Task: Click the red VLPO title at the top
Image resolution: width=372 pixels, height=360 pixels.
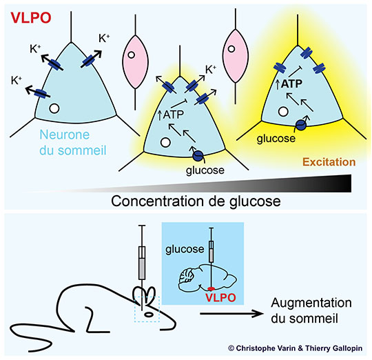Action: (x=31, y=18)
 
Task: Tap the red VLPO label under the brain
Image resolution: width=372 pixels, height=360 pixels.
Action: (x=220, y=297)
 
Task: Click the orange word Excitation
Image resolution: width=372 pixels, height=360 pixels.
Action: (x=329, y=162)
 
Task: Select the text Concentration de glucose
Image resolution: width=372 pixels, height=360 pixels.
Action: (x=196, y=201)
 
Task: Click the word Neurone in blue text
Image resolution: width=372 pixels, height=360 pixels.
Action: (x=65, y=134)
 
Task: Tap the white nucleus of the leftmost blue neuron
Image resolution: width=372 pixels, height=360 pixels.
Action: (x=54, y=108)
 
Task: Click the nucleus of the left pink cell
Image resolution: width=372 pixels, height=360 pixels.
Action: (x=131, y=55)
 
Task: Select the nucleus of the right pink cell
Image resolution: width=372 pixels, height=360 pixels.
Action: (x=231, y=49)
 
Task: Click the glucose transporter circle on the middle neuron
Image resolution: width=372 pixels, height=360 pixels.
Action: (x=198, y=156)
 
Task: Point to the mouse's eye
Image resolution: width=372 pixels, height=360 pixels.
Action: (x=149, y=314)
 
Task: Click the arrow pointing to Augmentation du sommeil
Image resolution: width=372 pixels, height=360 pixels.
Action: (x=231, y=314)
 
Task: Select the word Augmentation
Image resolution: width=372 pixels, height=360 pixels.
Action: (x=311, y=303)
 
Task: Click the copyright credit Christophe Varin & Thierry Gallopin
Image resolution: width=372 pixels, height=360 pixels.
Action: (x=295, y=348)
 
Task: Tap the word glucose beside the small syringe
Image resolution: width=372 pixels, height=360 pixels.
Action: (x=185, y=249)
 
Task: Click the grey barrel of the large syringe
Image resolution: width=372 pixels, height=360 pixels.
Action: (x=142, y=269)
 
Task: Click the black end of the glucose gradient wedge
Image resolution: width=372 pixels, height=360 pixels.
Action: (x=349, y=183)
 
